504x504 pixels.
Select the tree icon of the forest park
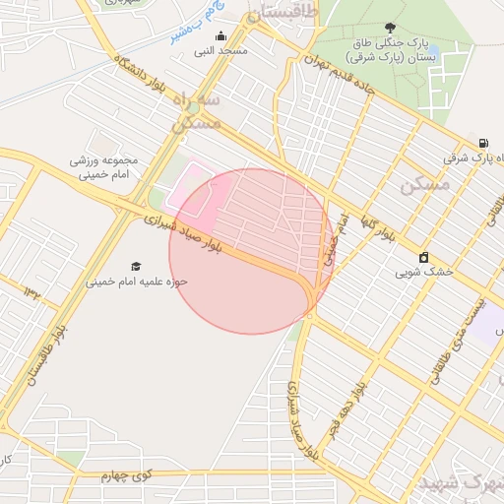coord(391,28)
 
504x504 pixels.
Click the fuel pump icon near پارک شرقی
coord(483,143)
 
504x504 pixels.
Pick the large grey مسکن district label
coord(425,184)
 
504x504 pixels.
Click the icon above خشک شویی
coord(423,257)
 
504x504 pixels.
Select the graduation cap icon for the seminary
coord(135,267)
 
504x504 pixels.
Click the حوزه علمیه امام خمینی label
coord(136,281)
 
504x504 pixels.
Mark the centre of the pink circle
coord(250,251)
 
